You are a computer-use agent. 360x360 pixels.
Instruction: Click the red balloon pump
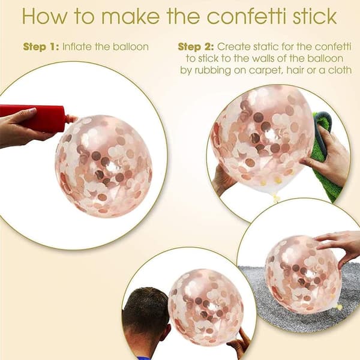coord(34,118)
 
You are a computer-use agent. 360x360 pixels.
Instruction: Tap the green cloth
coord(325,158)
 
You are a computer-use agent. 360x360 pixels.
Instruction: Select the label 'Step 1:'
coord(41,47)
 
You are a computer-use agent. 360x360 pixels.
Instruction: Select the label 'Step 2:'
coord(196,47)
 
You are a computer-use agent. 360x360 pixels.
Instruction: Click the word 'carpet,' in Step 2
coord(266,70)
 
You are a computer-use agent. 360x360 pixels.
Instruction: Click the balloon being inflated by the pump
coord(103,166)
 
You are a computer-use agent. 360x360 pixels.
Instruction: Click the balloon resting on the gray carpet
coord(303,275)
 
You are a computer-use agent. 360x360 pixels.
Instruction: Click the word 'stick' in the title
coord(314,16)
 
